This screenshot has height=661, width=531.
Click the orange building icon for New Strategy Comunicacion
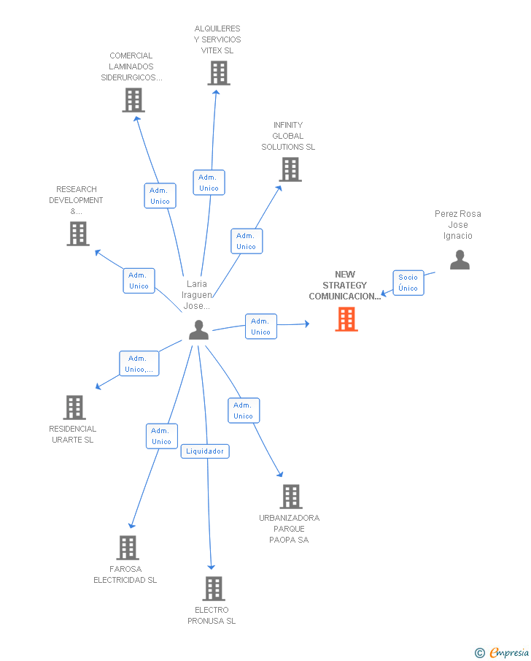point(346,319)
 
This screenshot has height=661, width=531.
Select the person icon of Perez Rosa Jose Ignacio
point(460,260)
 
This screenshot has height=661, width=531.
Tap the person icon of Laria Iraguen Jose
point(198,330)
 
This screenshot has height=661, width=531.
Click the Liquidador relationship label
point(205,451)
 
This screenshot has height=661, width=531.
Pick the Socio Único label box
point(408,283)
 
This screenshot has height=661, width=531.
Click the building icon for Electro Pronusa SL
point(213,588)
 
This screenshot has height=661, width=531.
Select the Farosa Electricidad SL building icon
point(128,547)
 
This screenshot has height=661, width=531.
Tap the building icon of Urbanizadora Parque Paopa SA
point(290,497)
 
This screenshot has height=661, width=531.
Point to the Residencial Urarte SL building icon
point(74,408)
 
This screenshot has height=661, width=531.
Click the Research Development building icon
point(78,234)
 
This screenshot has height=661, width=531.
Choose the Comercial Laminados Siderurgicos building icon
point(133,100)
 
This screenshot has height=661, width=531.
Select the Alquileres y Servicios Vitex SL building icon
point(218,73)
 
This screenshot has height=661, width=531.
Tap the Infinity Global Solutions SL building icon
point(290,169)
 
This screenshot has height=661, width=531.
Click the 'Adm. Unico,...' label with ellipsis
point(139,364)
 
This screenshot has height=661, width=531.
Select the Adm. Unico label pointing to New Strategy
point(260,326)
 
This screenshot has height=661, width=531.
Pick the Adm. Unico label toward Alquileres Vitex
point(209,183)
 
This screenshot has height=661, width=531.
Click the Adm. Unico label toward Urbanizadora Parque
point(243,410)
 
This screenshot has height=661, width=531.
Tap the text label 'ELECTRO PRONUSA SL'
point(212,616)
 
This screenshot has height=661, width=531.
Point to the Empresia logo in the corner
point(503,652)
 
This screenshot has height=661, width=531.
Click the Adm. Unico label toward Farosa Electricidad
point(160,436)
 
